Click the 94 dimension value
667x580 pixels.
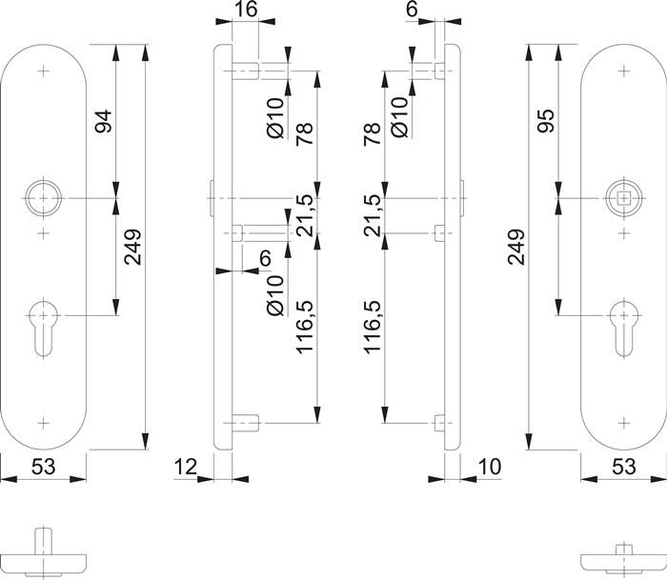click(103, 121)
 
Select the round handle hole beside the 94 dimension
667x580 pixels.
click(43, 198)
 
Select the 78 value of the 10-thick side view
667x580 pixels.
click(373, 132)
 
